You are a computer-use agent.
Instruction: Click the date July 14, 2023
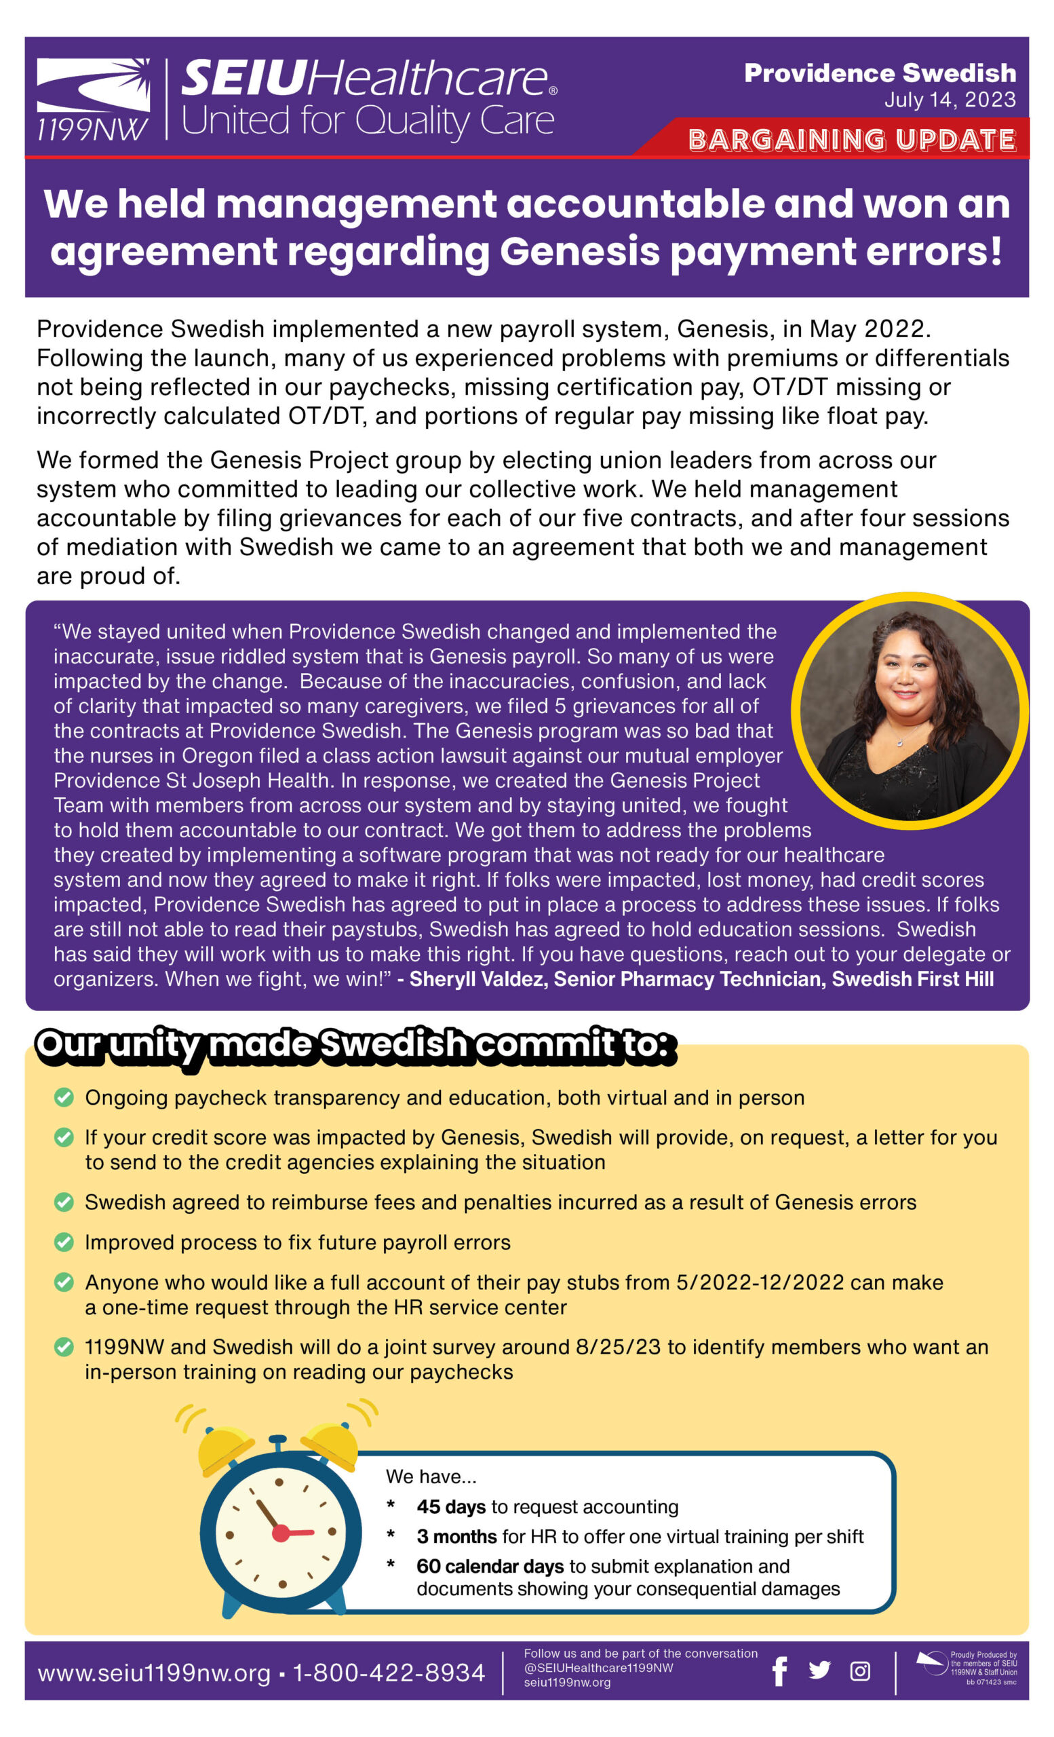[x=950, y=100]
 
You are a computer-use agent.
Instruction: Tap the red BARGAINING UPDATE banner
[x=851, y=140]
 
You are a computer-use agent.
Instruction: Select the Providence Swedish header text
[x=880, y=73]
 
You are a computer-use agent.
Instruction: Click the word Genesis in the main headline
[x=579, y=252]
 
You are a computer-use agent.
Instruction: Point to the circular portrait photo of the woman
[x=909, y=710]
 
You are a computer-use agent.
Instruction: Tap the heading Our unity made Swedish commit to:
[x=352, y=1044]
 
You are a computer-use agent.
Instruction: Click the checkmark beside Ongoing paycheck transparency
[x=64, y=1098]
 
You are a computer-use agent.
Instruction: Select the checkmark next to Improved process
[x=64, y=1242]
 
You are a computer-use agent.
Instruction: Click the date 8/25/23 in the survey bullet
[x=618, y=1347]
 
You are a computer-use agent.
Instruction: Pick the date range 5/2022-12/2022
[x=760, y=1282]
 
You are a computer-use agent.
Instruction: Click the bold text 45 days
[x=451, y=1506]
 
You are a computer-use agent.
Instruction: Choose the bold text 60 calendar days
[x=490, y=1566]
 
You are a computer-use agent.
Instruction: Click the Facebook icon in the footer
[x=779, y=1671]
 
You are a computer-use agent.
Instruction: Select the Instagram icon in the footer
[x=859, y=1671]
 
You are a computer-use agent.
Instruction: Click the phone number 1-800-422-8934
[x=389, y=1672]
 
